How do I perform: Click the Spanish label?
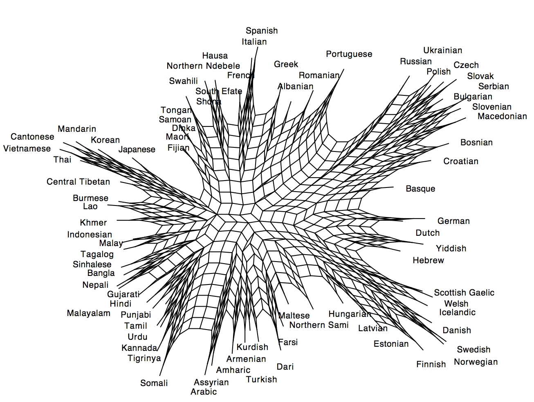coord(262,31)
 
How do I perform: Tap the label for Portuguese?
coord(349,54)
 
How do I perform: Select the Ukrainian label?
coord(443,50)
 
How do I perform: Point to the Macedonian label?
coord(502,116)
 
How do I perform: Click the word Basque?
coord(420,189)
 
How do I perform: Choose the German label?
coord(453,221)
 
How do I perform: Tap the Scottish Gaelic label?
coord(464,293)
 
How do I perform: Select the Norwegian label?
coord(476,362)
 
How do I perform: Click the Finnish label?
coord(431,364)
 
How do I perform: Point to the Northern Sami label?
coord(319,325)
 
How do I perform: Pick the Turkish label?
coord(261,379)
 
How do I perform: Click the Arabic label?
coord(204,392)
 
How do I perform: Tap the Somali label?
coord(154,383)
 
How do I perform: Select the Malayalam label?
coord(89,313)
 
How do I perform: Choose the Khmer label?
coord(93,223)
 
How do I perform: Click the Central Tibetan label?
coord(78,182)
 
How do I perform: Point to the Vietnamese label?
coord(27,149)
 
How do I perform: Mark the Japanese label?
coord(137,150)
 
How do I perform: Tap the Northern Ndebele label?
coord(203,66)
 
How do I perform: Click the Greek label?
coord(286,64)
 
